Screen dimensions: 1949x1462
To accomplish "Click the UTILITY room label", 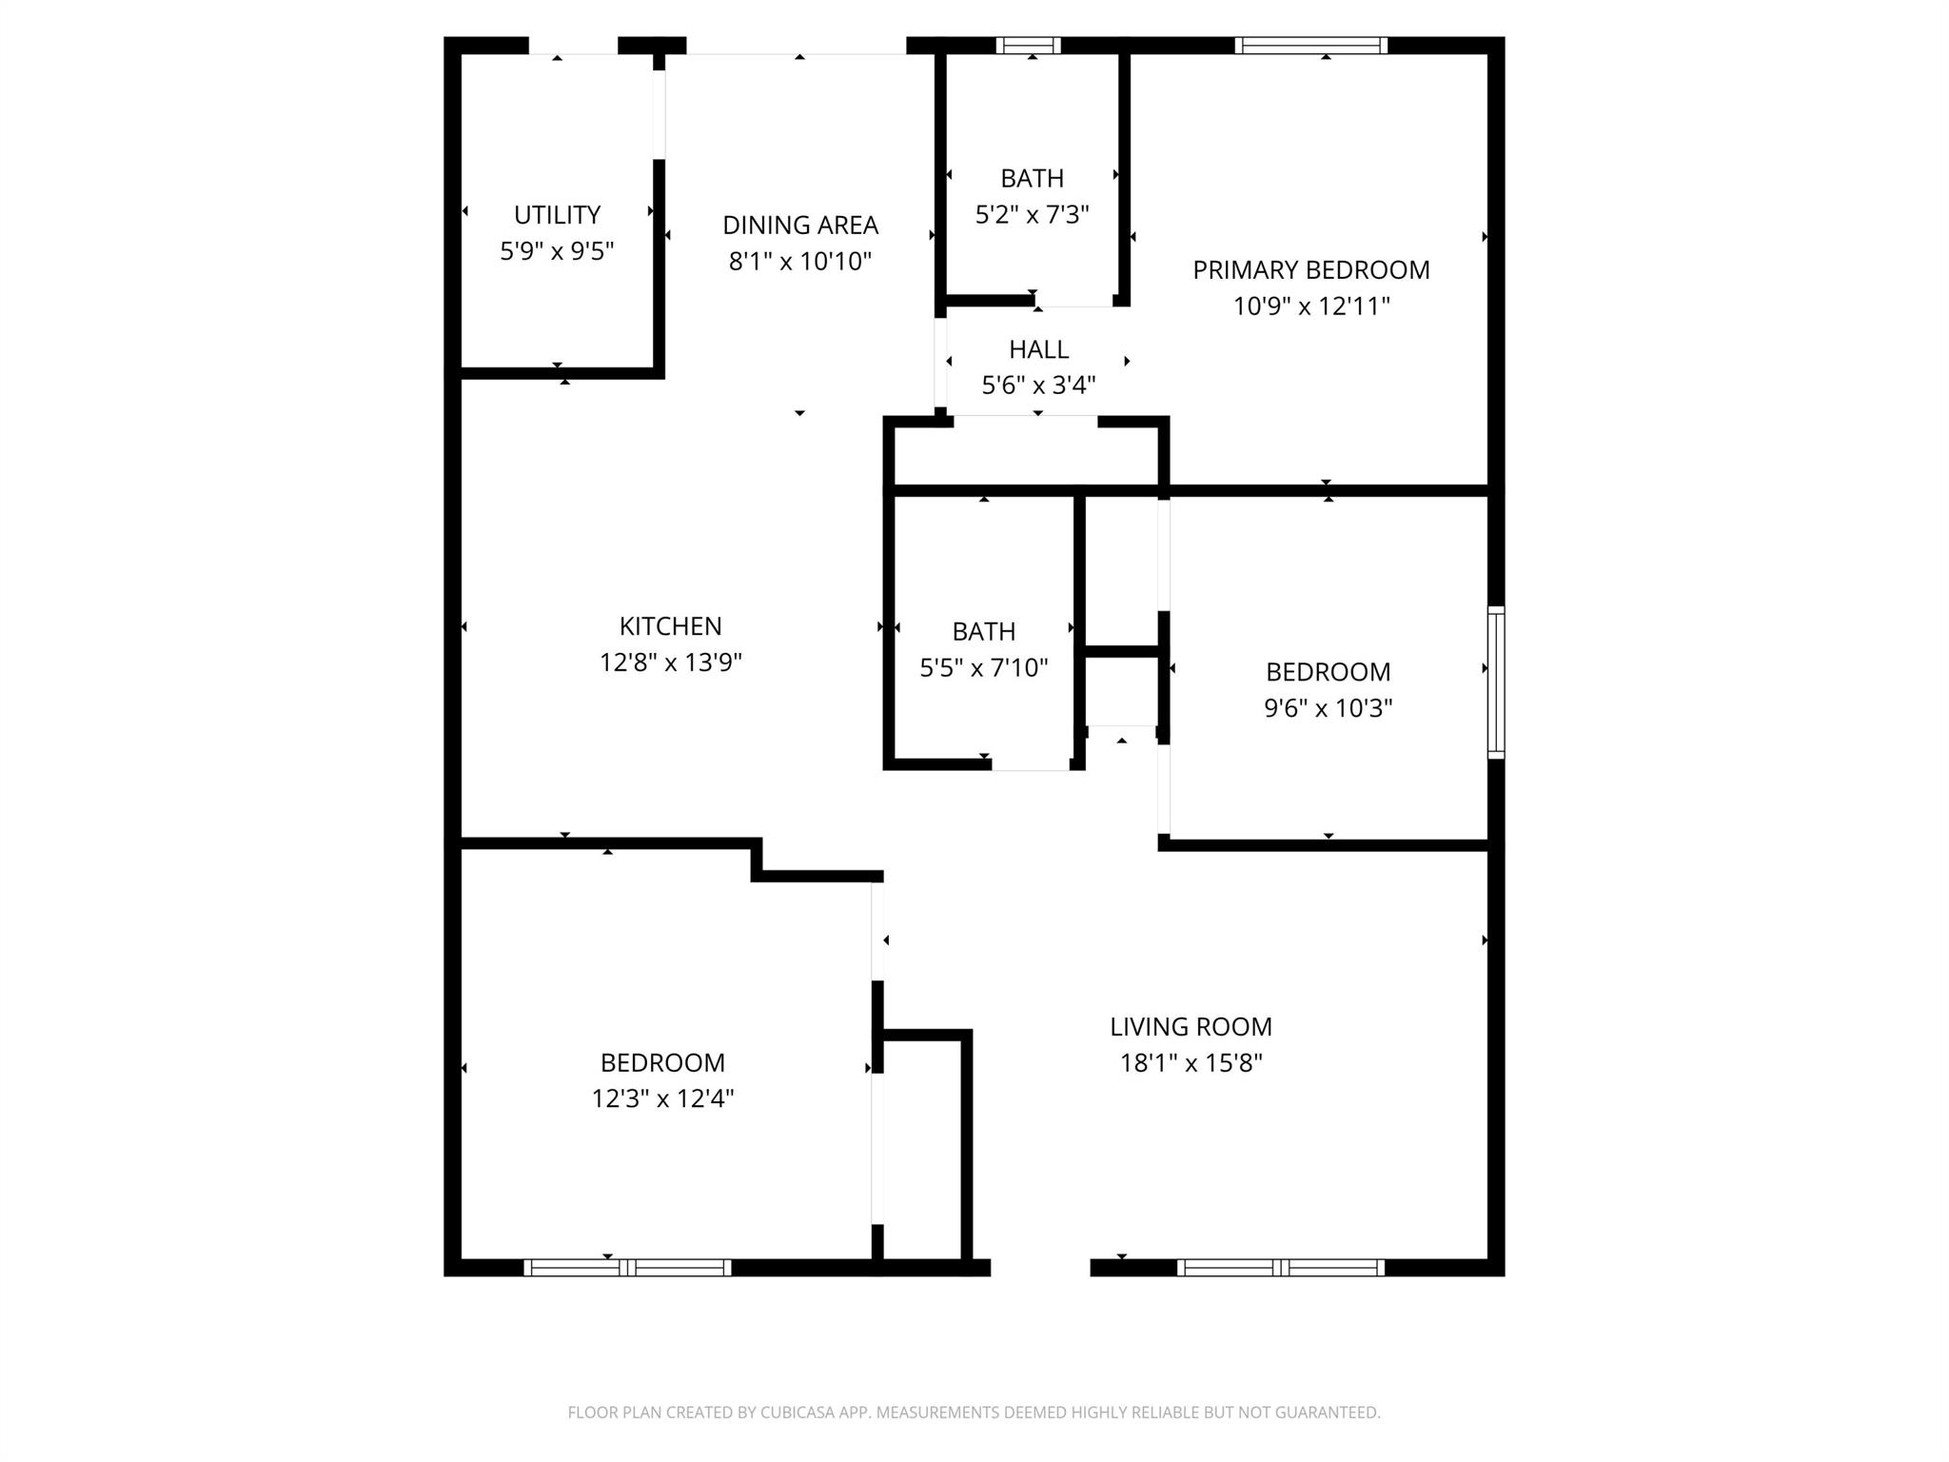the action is point(557,215).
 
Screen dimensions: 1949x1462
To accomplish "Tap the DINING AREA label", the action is point(800,226).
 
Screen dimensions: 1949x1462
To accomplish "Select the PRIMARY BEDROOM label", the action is point(1311,270).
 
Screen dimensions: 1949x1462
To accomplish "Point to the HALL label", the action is point(1039,349).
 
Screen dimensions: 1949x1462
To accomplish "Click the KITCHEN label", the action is point(671,626).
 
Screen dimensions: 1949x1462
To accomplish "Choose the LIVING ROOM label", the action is point(1191,1027).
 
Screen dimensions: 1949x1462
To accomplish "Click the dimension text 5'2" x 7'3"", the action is point(1033,215).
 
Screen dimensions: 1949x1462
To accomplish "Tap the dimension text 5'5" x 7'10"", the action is point(984,668).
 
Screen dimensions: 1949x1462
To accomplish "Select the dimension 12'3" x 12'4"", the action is point(663,1099).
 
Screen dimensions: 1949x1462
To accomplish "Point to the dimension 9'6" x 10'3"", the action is point(1329,708).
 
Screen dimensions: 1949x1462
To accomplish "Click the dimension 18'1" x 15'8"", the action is point(1191,1063).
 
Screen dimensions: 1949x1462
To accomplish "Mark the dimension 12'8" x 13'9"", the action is point(671,662).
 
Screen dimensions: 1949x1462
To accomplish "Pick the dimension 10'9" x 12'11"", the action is point(1312,306).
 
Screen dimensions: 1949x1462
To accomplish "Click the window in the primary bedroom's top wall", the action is point(1311,46).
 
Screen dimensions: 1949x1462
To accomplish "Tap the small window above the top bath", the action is point(1029,46).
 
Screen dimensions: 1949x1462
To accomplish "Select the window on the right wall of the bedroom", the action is point(1497,682).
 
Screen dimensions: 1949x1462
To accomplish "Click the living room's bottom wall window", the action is point(1281,1268).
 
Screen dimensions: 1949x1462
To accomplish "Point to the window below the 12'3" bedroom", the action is point(628,1268).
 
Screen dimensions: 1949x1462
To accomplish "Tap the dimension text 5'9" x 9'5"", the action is point(557,251).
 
